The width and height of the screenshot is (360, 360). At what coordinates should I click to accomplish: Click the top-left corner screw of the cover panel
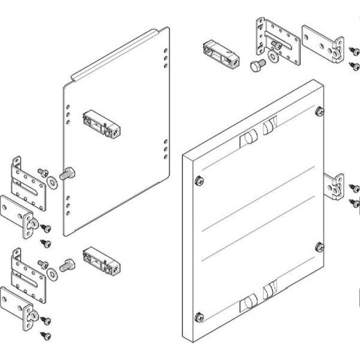coord(199,181)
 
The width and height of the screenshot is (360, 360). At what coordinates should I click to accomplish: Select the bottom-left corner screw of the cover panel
coord(199,318)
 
